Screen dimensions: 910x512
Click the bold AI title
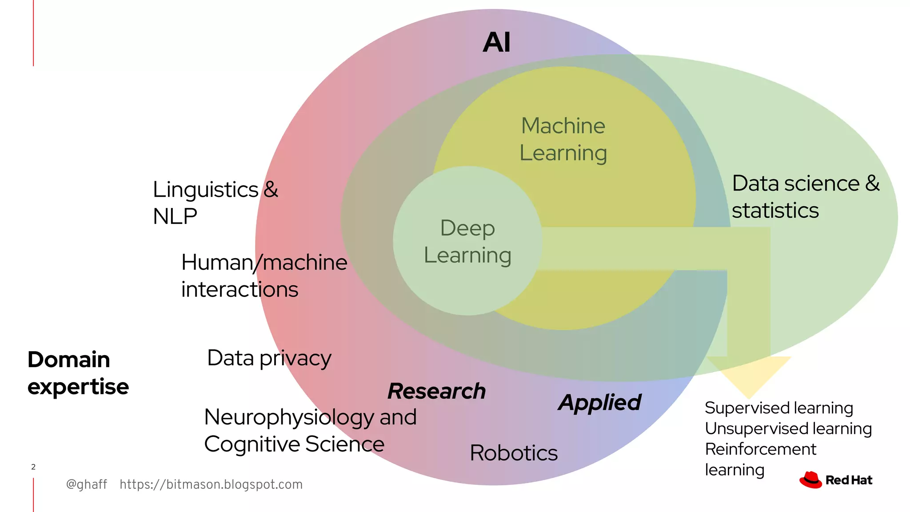coord(497,43)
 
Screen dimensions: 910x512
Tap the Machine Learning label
coord(563,139)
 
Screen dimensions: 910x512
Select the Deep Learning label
coord(467,241)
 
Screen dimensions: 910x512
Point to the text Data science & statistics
coord(805,196)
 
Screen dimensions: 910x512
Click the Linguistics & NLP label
coord(215,203)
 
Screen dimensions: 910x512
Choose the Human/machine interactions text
coord(264,276)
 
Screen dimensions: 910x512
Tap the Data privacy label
coord(269,358)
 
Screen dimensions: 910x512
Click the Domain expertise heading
coord(78,372)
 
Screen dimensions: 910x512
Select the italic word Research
coord(437,391)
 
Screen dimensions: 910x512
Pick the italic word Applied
coord(600,403)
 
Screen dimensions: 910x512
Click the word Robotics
coord(514,453)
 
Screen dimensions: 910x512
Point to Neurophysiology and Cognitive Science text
coord(310,430)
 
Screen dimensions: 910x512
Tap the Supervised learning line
coord(778,408)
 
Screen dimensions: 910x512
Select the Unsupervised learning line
coord(788,428)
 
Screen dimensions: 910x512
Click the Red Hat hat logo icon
coord(810,480)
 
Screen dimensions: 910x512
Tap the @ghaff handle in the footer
coord(86,484)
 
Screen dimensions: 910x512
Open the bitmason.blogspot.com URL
coord(211,484)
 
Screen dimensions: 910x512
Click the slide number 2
coord(33,467)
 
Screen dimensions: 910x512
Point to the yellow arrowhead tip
coord(749,396)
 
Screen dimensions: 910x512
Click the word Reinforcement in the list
coord(761,449)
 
